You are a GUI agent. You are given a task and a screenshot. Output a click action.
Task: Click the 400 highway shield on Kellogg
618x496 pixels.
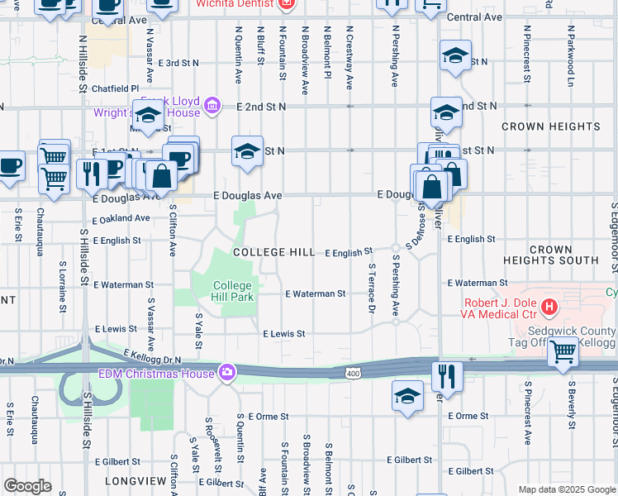(353, 374)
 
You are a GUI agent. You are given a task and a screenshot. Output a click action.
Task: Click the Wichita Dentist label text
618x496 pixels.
(235, 4)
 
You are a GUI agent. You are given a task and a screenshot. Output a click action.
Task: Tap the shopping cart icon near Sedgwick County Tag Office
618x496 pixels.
(563, 352)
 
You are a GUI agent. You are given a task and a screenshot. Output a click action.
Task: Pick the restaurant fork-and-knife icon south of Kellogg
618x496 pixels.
(447, 376)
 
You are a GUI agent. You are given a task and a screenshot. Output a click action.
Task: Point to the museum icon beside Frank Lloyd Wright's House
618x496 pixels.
(212, 105)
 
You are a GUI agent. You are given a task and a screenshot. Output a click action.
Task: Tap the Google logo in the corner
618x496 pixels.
(28, 486)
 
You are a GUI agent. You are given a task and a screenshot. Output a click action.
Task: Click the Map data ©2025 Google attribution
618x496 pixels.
(566, 489)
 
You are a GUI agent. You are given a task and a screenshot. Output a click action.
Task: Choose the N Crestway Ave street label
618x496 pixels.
(349, 56)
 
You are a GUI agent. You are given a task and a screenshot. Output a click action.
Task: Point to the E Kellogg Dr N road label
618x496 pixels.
(152, 357)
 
